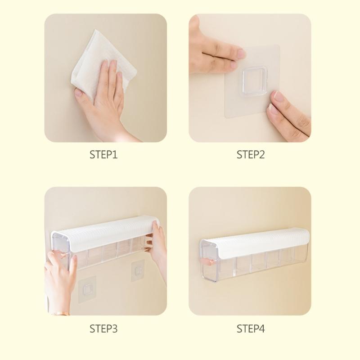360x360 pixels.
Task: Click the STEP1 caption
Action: (x=103, y=155)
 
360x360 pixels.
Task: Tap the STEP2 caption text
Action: (x=251, y=155)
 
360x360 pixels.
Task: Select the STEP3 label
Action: (x=103, y=329)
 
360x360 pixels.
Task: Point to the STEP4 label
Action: (x=251, y=329)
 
